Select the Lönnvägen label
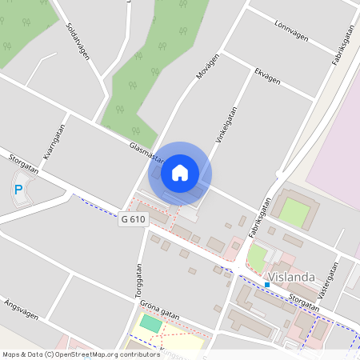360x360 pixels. (x=290, y=30)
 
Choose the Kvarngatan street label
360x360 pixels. (x=54, y=142)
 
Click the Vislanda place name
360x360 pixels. (x=294, y=278)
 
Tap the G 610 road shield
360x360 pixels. (x=134, y=218)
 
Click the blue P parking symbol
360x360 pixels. (x=18, y=190)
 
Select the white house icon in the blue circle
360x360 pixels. (x=179, y=172)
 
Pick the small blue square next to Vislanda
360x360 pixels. (x=266, y=284)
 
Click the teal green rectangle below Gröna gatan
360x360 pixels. (x=150, y=322)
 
